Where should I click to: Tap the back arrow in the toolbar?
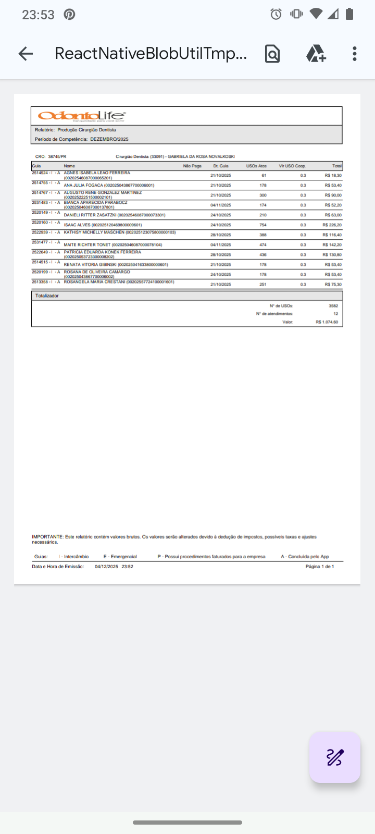[x=26, y=54]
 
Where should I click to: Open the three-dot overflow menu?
[x=355, y=54]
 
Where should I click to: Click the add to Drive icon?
[x=316, y=54]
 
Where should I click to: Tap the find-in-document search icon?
[x=272, y=54]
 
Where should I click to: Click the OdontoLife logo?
[x=82, y=116]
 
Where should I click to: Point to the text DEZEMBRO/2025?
[x=109, y=139]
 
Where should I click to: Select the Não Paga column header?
[x=192, y=166]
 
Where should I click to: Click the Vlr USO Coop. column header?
[x=292, y=166]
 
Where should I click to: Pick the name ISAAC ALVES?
[x=77, y=225]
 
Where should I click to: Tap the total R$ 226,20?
[x=332, y=225]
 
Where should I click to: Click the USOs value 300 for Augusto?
[x=263, y=195]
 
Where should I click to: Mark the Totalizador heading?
[x=47, y=296]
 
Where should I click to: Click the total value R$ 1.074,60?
[x=327, y=322]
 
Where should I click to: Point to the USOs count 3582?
[x=333, y=306]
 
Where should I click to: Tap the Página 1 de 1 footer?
[x=320, y=566]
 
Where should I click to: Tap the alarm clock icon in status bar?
[x=276, y=14]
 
